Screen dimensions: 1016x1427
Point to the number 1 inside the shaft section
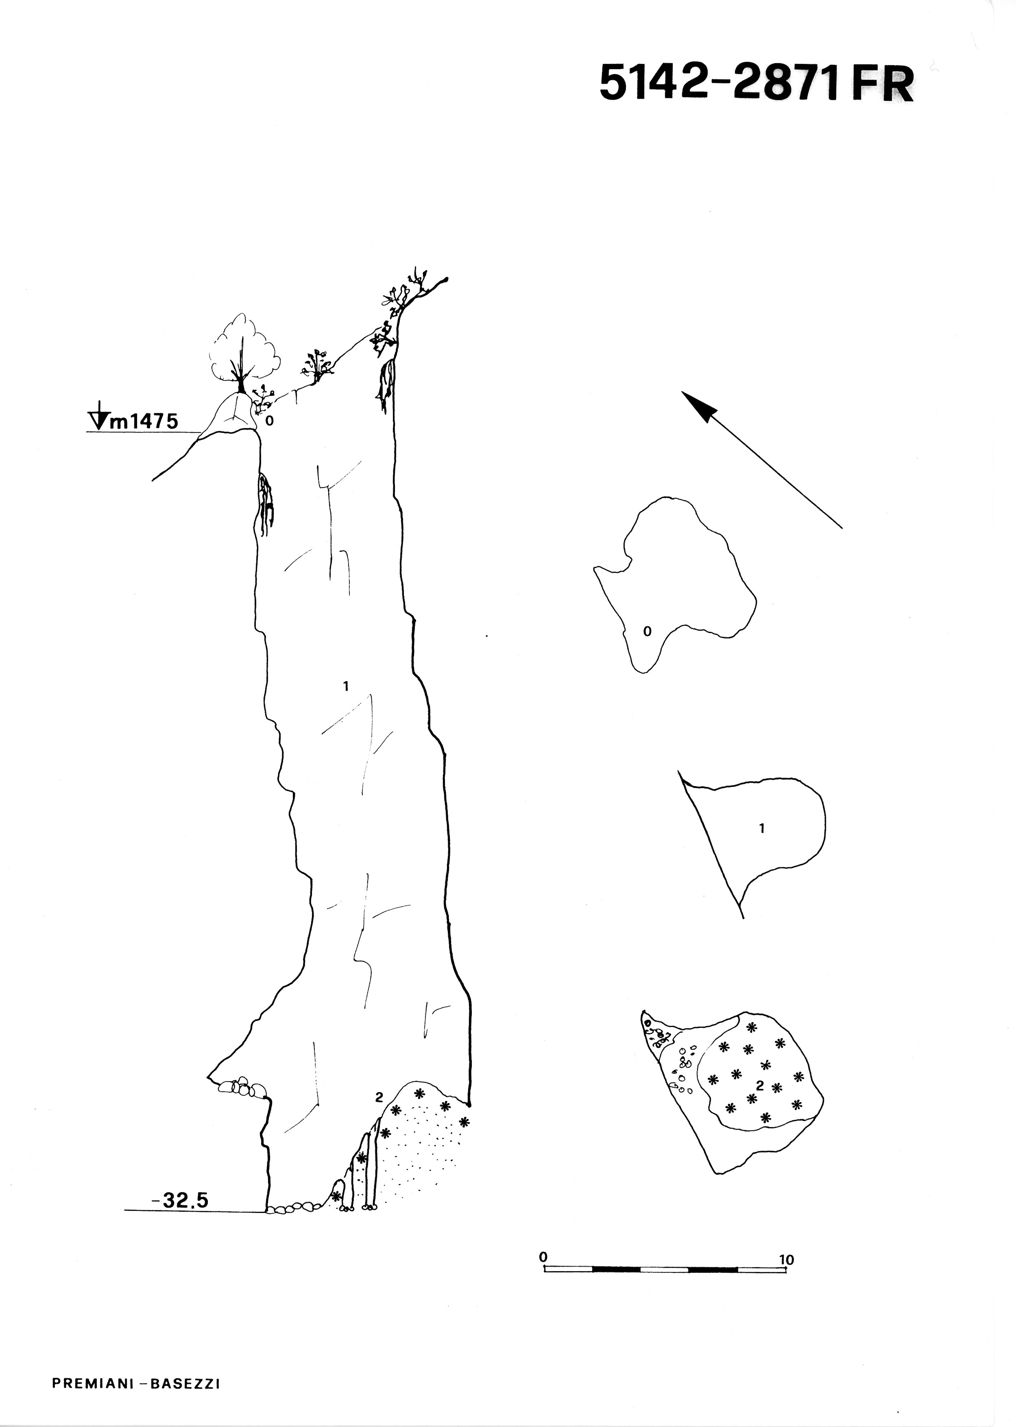point(345,686)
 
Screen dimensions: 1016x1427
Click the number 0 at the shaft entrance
point(270,421)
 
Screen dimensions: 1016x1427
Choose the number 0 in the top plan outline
point(648,632)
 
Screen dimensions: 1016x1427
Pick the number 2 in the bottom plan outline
point(760,1085)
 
